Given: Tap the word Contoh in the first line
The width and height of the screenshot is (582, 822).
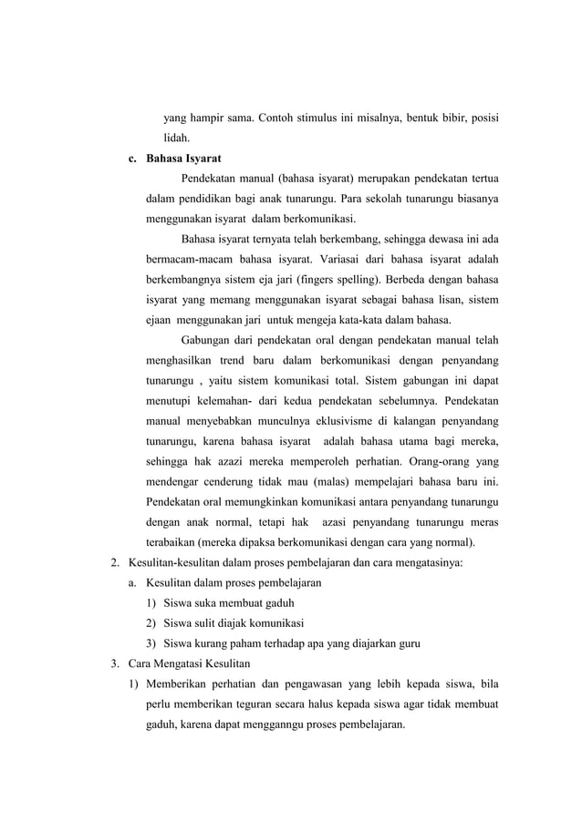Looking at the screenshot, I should pos(281,118).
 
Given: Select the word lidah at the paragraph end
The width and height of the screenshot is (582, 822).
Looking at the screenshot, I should pos(177,139).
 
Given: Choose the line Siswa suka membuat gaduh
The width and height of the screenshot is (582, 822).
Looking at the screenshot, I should pos(229,601).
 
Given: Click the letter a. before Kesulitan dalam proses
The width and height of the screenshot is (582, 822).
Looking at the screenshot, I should pos(133,581).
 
